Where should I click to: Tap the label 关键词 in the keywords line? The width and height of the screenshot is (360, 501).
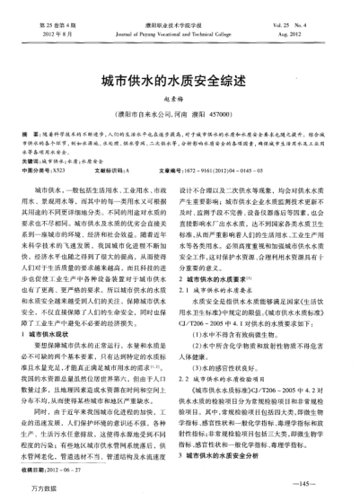coord(33,158)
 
